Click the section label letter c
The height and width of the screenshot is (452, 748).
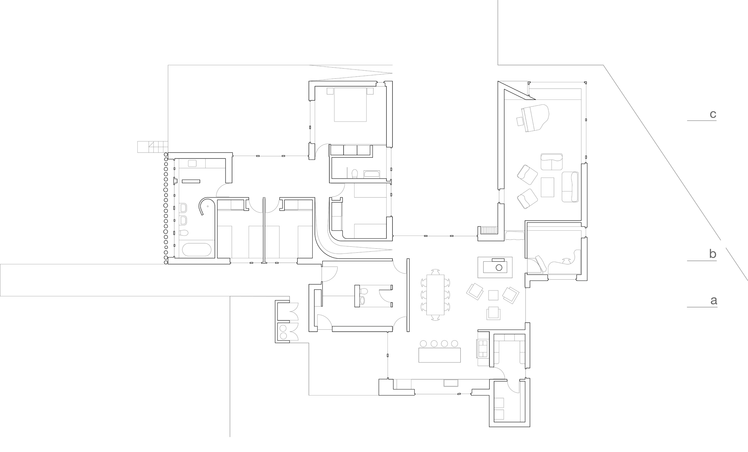point(713,114)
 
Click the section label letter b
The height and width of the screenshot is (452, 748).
point(713,254)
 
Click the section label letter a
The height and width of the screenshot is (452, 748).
point(714,301)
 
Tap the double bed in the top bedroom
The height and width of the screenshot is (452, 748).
point(350,104)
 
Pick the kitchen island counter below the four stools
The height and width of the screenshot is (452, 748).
point(439,355)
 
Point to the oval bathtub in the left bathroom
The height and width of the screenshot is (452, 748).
point(196,250)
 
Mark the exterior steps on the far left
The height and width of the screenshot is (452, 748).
point(153,147)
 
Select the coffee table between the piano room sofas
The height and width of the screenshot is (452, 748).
point(547,187)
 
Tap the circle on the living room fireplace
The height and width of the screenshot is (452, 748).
point(498,267)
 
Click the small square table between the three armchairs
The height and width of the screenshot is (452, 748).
point(494,295)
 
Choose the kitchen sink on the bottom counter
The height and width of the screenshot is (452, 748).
point(451,383)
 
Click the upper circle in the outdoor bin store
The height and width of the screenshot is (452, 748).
point(283,328)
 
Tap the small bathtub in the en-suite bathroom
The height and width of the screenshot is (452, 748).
point(372,174)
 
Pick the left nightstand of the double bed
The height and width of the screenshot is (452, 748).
point(330,91)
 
